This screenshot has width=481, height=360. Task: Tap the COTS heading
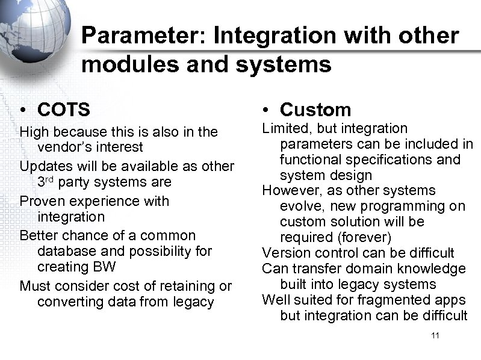(x=63, y=110)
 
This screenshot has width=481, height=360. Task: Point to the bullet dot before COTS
(x=22, y=110)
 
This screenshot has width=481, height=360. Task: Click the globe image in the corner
(x=30, y=30)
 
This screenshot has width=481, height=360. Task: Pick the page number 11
(x=435, y=335)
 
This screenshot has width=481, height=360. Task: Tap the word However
(x=287, y=191)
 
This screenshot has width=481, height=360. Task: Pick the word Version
(x=284, y=253)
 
